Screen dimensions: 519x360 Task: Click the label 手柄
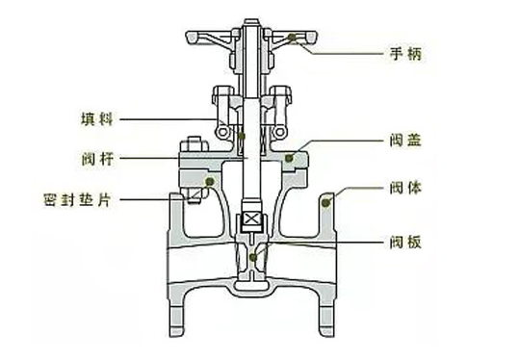(x=405, y=54)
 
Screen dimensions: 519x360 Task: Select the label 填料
(x=97, y=119)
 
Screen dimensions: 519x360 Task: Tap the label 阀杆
(x=97, y=159)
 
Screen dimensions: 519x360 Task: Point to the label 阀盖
(x=405, y=141)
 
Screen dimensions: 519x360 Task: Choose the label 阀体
(x=405, y=188)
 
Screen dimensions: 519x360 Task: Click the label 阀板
(x=405, y=243)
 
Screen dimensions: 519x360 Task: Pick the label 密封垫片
(x=77, y=200)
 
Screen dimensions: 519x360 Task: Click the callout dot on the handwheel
(x=292, y=38)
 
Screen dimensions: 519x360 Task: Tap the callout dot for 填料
(x=242, y=136)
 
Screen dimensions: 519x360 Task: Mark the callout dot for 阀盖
(x=289, y=158)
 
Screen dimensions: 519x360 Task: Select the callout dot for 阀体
(x=326, y=202)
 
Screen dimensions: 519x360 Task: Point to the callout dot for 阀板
(x=253, y=257)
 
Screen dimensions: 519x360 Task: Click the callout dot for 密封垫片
(x=210, y=181)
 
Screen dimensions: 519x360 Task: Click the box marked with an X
(x=252, y=219)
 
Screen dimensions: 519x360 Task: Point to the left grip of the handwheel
(x=193, y=37)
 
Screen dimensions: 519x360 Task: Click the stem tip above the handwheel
(x=251, y=22)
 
